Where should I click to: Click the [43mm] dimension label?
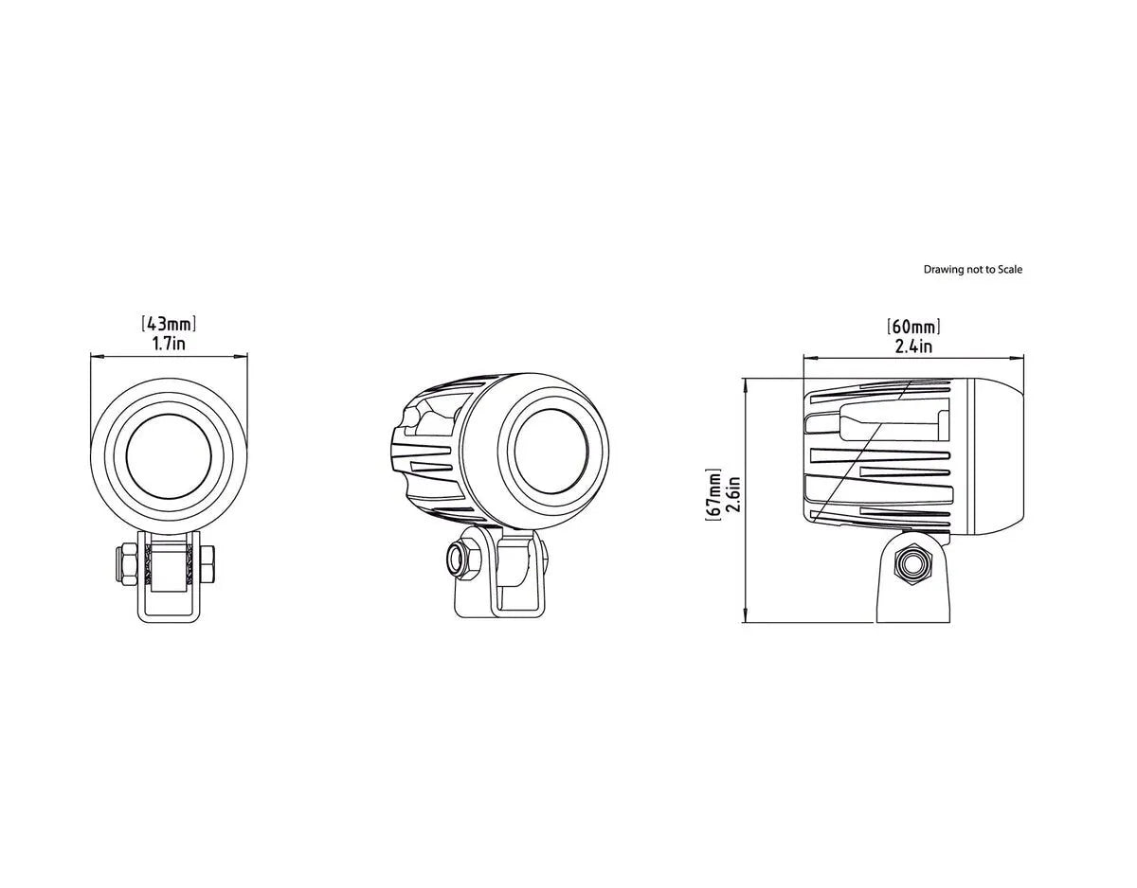click(x=169, y=325)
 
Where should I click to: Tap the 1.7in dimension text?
click(x=169, y=343)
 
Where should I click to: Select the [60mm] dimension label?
click(x=913, y=328)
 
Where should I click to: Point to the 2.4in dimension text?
click(x=913, y=346)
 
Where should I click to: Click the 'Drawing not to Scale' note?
click(x=973, y=270)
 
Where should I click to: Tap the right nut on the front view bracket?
click(x=208, y=566)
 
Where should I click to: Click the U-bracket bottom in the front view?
click(x=169, y=616)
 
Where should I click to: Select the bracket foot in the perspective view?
click(x=499, y=606)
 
